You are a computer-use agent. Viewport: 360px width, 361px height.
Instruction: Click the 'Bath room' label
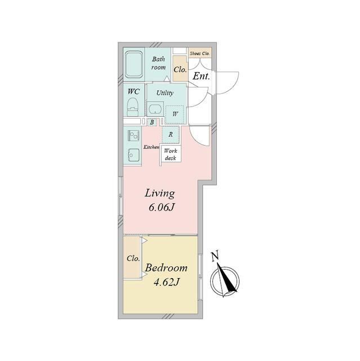click(x=158, y=63)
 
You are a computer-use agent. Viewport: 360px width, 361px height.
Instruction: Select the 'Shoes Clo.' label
click(x=199, y=53)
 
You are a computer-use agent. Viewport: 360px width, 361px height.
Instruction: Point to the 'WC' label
click(x=134, y=91)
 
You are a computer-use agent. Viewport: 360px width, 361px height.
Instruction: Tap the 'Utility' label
click(x=165, y=93)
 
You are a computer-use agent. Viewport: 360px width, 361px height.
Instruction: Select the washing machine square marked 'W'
click(x=175, y=114)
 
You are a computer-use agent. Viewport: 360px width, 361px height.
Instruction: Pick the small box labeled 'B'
click(x=152, y=122)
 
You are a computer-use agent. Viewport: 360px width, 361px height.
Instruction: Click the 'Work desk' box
click(x=171, y=154)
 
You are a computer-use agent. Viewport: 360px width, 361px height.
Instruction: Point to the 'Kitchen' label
click(x=152, y=147)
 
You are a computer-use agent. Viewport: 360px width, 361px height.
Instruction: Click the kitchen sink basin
click(x=133, y=154)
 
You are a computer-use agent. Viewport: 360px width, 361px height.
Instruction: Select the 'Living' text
click(x=160, y=193)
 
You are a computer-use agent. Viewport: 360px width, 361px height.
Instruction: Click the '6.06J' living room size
click(x=161, y=208)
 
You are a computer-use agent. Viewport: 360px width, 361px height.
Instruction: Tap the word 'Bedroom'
click(x=166, y=268)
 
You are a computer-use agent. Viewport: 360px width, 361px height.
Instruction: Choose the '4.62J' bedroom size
click(x=166, y=283)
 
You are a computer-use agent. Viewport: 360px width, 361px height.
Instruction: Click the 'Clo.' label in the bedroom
click(x=134, y=259)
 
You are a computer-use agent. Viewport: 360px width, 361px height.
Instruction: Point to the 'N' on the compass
click(x=215, y=257)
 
